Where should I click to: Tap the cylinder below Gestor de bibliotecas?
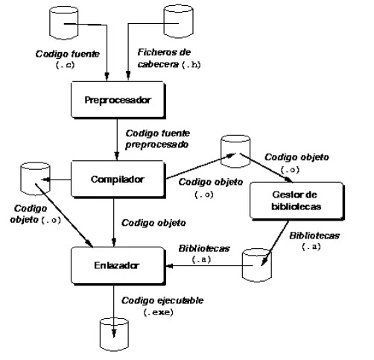coord(254,265)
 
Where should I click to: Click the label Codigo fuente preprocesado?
coord(157,136)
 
